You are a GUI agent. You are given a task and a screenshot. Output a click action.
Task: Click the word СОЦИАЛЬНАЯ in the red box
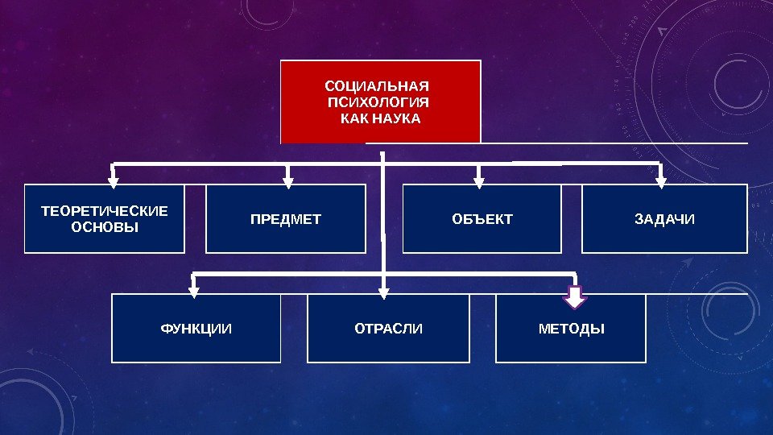tap(376, 85)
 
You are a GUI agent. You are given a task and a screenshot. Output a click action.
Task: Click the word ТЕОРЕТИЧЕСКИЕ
tap(105, 211)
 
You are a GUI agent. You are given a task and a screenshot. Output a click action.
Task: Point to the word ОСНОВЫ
tap(105, 227)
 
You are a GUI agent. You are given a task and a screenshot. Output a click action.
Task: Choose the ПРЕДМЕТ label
tap(285, 219)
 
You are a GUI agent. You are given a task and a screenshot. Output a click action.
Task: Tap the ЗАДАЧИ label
tap(664, 219)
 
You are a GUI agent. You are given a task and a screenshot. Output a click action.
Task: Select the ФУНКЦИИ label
tap(196, 329)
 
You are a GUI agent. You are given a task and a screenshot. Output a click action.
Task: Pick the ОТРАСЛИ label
tap(388, 329)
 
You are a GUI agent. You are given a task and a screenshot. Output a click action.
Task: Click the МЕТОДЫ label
tap(571, 329)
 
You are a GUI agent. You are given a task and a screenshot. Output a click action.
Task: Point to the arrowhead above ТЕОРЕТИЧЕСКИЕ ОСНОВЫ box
tap(114, 180)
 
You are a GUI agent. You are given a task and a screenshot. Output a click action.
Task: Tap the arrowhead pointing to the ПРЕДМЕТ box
tap(288, 180)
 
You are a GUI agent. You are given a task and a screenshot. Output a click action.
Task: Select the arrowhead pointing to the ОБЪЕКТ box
tap(479, 180)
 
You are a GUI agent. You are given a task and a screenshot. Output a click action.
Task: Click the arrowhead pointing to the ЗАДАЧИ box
tap(661, 180)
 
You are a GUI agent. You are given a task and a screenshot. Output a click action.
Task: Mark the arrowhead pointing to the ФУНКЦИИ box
tap(193, 289)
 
